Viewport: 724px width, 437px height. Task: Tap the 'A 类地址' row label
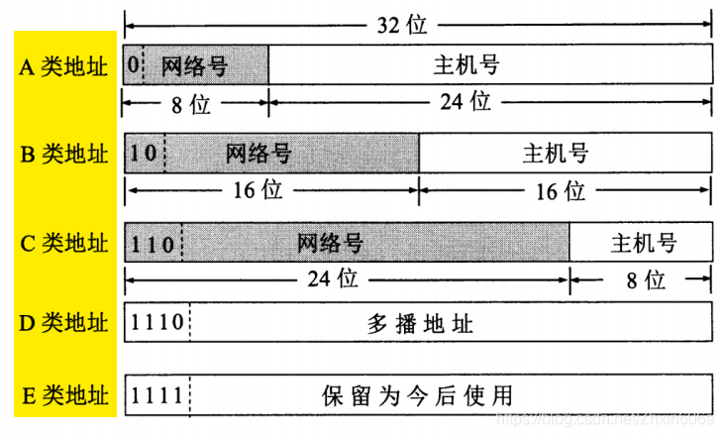point(64,66)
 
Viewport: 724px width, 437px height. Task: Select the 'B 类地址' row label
point(64,154)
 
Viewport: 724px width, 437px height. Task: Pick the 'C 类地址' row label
point(64,243)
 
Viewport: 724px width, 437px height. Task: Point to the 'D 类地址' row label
point(64,322)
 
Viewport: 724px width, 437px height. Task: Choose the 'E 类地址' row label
point(64,396)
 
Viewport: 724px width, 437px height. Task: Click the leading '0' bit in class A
point(133,66)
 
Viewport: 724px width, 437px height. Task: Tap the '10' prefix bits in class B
point(144,154)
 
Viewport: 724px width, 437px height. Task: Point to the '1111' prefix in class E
point(156,396)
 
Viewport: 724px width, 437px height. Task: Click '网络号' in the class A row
point(195,66)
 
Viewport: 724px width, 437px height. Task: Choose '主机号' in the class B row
point(556,154)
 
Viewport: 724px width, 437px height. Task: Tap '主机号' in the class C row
point(644,243)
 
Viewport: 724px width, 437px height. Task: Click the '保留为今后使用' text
point(418,396)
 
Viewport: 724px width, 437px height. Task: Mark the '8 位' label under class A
point(191,103)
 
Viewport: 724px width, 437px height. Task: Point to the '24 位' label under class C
point(333,279)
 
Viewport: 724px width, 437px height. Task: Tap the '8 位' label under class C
point(644,280)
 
